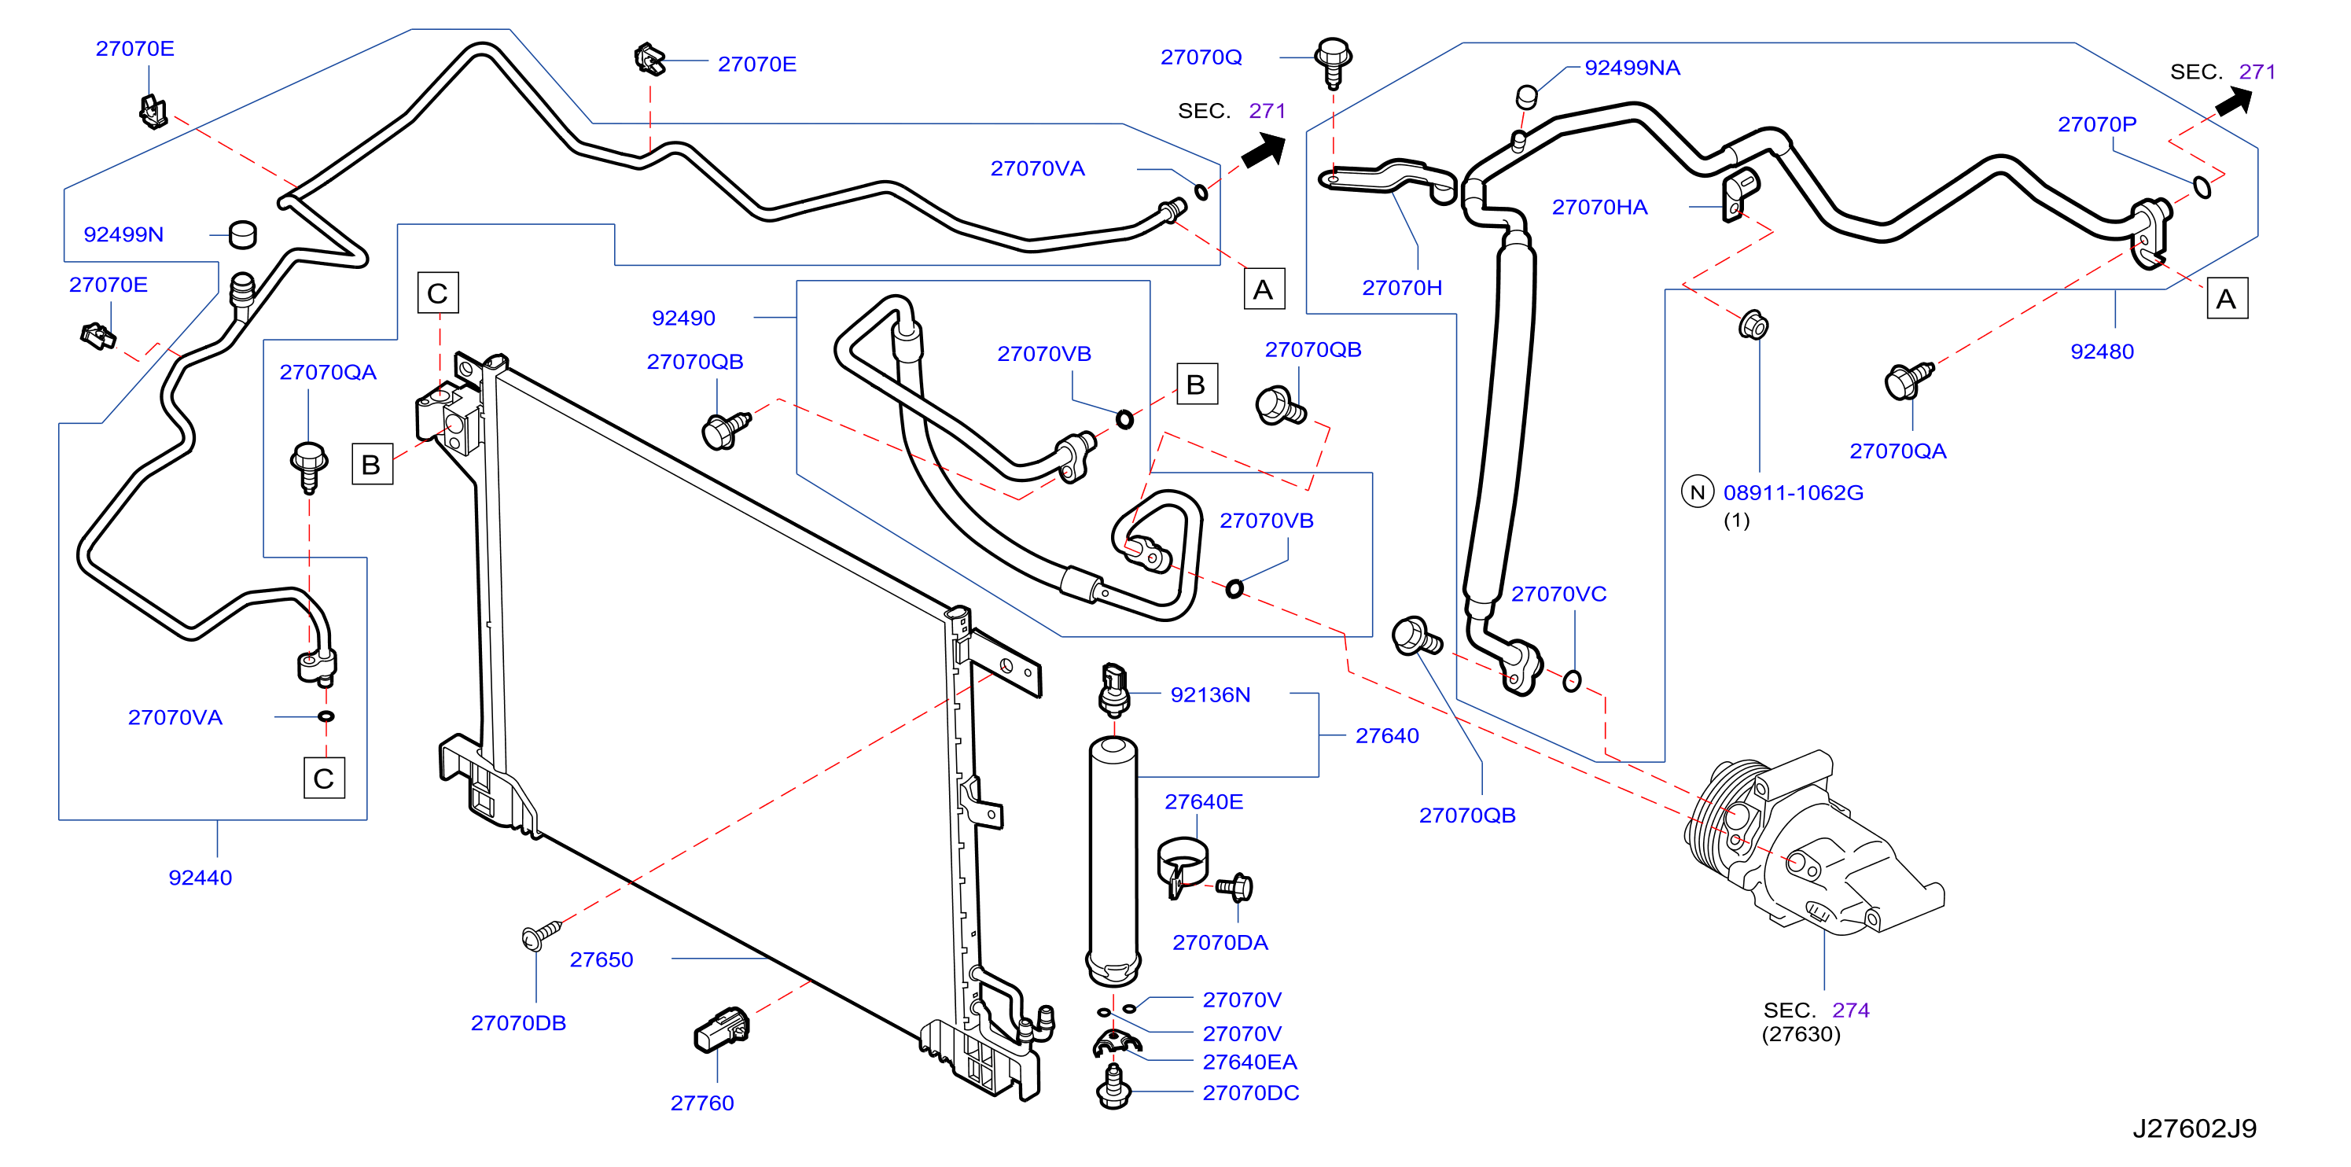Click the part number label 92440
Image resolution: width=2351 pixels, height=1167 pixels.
coord(200,877)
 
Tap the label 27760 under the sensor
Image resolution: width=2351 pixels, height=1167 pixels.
coord(702,1103)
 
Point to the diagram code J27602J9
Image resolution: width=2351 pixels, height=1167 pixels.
coord(2194,1128)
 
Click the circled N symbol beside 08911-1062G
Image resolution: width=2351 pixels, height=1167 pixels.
coord(1697,493)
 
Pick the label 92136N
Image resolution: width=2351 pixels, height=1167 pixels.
coord(1210,694)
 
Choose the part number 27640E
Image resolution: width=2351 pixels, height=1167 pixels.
coord(1203,801)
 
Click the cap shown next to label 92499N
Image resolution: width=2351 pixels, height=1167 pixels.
coord(242,234)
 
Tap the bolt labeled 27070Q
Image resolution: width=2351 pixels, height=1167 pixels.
coord(1333,62)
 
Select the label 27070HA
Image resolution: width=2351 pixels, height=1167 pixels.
coord(1599,207)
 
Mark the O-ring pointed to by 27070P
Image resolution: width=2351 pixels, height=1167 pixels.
coord(2202,187)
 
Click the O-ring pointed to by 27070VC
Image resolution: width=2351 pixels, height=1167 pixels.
coord(1571,681)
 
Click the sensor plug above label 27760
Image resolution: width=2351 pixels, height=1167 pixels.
coord(722,1029)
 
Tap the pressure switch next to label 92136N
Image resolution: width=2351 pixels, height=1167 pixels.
coord(1113,690)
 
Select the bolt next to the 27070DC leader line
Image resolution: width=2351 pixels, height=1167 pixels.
coord(1113,1088)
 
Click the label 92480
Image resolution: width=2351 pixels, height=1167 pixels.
coord(2101,352)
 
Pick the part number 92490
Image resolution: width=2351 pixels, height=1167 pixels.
coord(682,318)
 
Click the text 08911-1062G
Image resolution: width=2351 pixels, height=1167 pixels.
coord(1793,493)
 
